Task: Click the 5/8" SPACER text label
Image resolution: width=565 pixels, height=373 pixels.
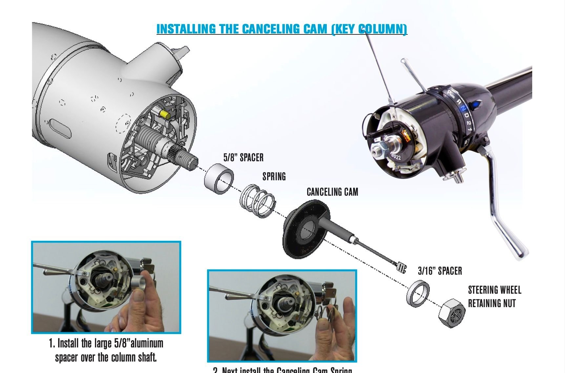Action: [x=243, y=158]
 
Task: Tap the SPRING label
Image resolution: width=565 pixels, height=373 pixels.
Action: [x=274, y=177]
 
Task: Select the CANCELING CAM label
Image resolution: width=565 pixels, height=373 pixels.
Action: [x=332, y=192]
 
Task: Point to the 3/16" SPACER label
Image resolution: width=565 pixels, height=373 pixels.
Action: [x=440, y=271]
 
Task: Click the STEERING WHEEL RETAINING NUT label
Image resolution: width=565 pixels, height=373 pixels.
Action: [x=494, y=297]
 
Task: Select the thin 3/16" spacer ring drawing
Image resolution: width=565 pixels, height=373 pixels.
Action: [x=418, y=293]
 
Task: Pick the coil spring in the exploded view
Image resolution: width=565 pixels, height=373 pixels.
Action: [x=258, y=201]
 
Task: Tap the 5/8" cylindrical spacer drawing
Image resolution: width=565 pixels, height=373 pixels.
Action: [x=219, y=179]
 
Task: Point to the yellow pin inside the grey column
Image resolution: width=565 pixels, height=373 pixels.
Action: [x=164, y=114]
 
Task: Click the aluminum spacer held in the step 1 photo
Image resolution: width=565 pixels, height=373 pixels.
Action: [x=139, y=283]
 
